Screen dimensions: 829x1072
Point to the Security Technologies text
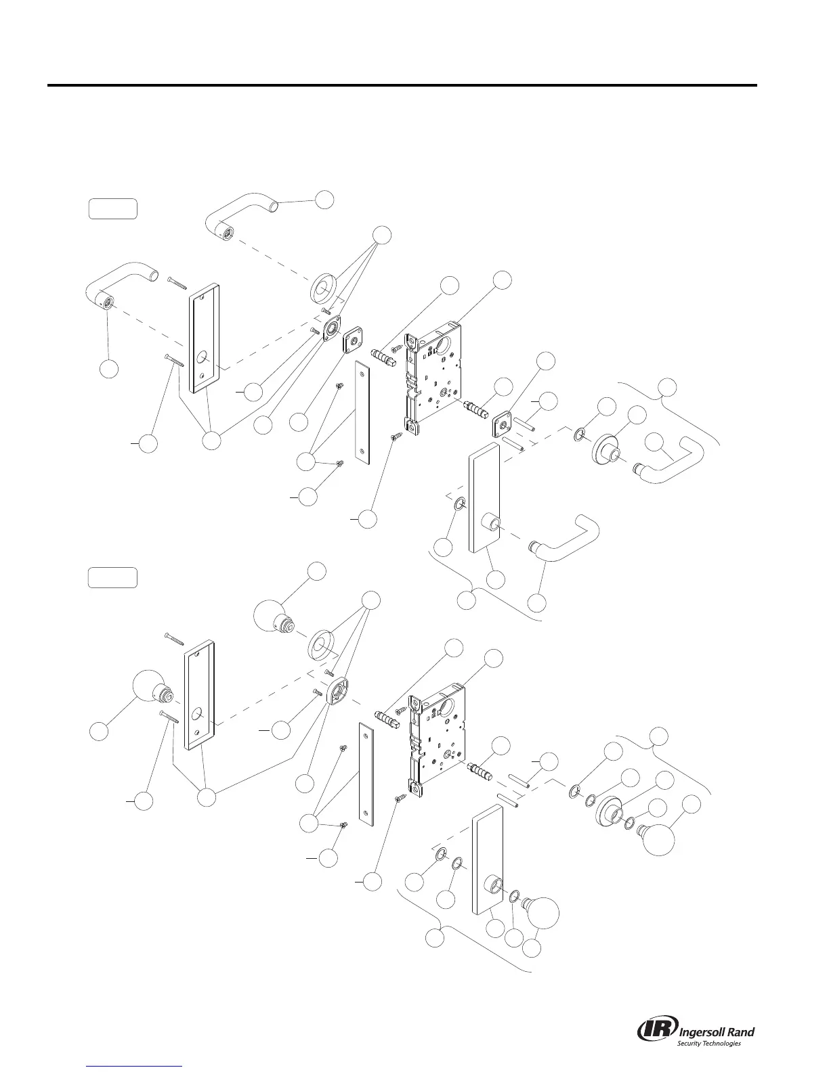709,1044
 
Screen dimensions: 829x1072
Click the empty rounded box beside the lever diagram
113,208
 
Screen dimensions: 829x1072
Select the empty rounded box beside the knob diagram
113,578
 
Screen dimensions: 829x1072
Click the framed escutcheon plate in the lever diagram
203,337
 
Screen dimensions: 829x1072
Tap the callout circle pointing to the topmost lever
325,199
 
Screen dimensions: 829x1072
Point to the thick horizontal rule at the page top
401,85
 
